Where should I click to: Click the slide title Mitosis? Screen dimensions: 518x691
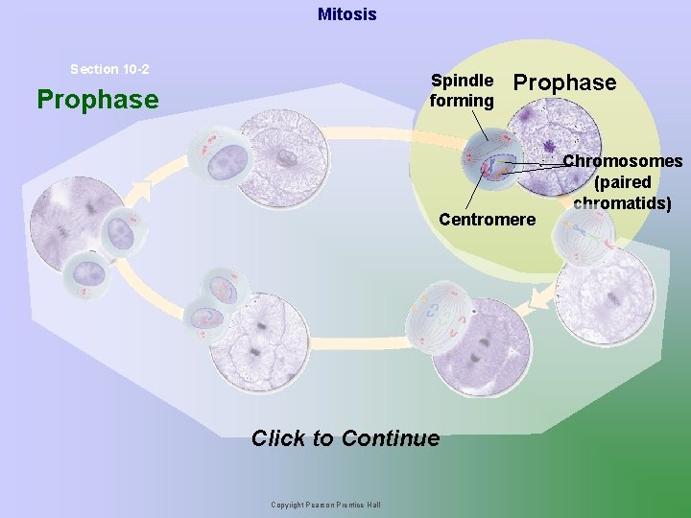346,14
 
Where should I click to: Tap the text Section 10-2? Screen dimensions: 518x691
109,69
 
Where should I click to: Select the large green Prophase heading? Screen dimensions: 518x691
97,99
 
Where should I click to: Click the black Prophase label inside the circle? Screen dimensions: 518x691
565,82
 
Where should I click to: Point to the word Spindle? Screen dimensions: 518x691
463,81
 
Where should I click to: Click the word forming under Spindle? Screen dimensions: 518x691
462,100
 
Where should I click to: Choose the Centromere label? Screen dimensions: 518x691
487,220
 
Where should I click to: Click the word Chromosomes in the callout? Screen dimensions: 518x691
622,161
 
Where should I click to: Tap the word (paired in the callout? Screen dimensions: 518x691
623,182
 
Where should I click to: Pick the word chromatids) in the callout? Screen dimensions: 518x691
622,202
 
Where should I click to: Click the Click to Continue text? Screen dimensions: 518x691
345,438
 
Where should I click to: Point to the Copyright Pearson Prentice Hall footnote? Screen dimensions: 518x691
325,505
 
